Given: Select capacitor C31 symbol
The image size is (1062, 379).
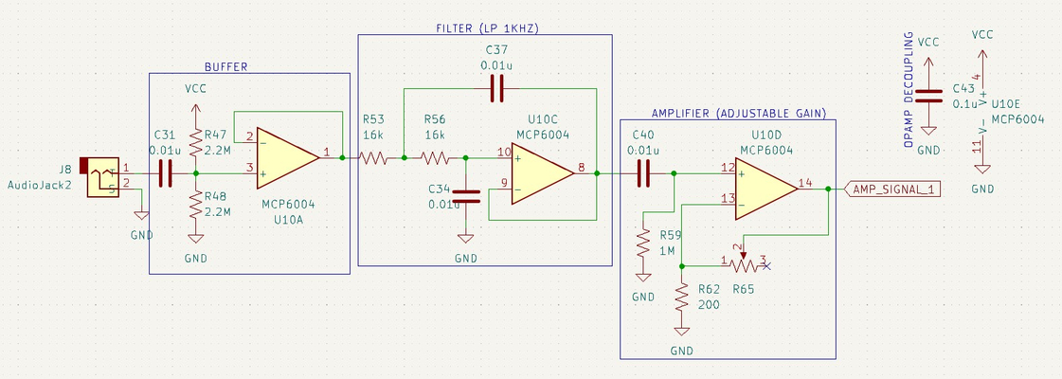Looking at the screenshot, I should point(166,173).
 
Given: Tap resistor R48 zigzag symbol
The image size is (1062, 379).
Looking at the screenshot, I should point(195,204).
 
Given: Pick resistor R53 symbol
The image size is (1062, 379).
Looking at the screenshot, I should point(371,158).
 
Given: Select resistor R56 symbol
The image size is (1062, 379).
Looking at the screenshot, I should point(435,158).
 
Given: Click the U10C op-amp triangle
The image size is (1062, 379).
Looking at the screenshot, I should point(541,172).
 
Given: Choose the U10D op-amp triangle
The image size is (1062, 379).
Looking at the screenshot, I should point(767,187).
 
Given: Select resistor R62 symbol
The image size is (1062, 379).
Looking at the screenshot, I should point(680,297).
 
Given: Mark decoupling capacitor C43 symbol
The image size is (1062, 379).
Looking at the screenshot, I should point(929,91).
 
